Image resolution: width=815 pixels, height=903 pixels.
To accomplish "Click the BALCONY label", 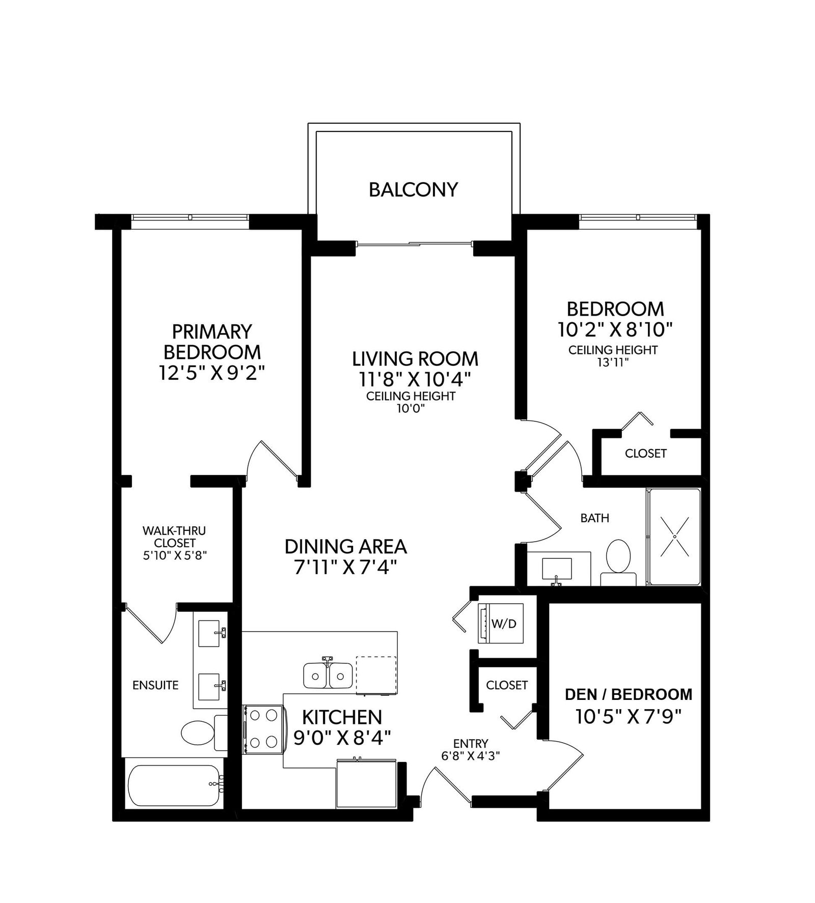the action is pos(413,190).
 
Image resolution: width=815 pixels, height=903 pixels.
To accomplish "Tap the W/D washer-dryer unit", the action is pos(500,624).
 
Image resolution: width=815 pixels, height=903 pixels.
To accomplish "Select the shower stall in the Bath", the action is pos(673,537).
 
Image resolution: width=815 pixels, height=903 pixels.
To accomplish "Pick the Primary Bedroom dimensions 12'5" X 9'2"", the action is pos(212,373).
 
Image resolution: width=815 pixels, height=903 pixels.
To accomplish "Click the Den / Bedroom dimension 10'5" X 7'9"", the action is pos(629,717).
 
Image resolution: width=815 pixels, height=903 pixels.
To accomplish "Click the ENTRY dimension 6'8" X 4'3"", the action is pos(471,756).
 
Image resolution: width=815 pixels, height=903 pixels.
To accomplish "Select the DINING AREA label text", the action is pos(346,546).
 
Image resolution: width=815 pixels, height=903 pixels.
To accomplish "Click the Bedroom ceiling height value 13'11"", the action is pos(613,362).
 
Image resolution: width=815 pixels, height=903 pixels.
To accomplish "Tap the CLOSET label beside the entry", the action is pos(507,685).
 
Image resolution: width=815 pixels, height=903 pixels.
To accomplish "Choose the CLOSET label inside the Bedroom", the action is pos(646,453).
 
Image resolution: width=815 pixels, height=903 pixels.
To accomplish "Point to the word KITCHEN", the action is pos(342,717).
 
